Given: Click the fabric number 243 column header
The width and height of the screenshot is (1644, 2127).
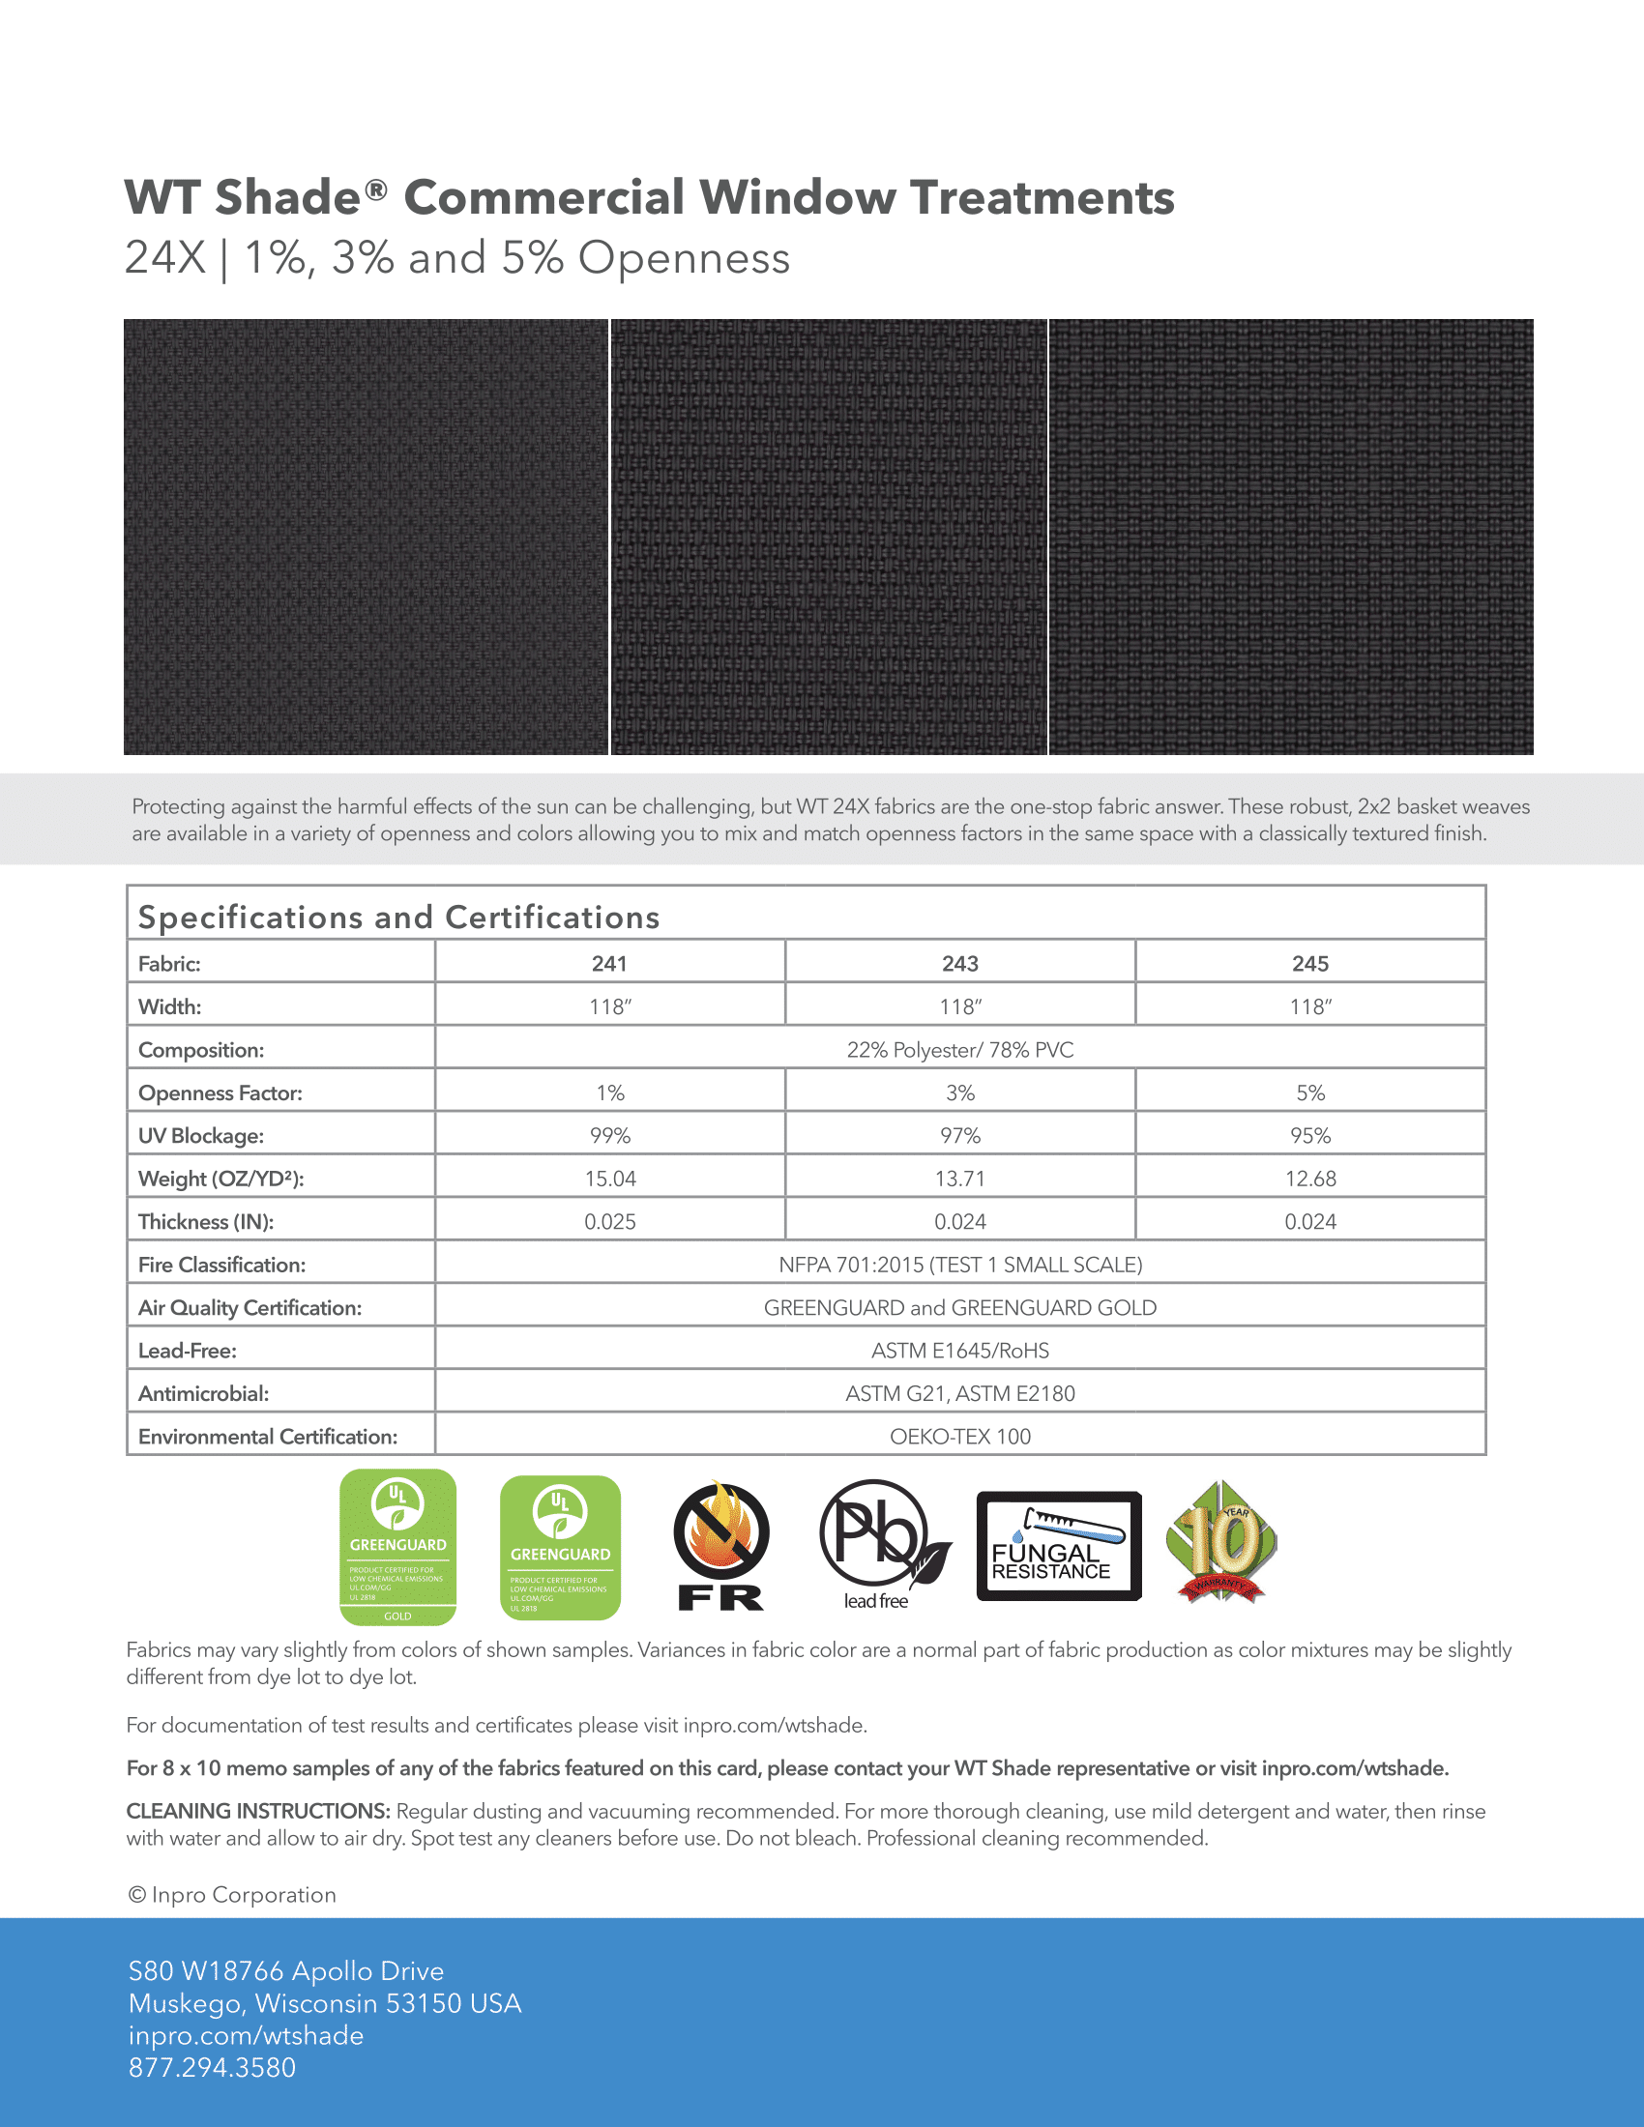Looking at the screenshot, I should pyautogui.click(x=959, y=963).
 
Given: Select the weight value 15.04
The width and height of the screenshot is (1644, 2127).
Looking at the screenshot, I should pyautogui.click(x=609, y=1179).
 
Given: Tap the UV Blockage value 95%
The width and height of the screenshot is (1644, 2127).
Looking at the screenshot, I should pyautogui.click(x=1310, y=1136).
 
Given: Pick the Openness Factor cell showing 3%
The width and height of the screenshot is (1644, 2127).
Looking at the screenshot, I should pyautogui.click(x=959, y=1093).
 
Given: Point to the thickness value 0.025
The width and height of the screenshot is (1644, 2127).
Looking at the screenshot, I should pyautogui.click(x=609, y=1221).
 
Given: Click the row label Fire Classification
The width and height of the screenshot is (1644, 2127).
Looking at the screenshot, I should pyautogui.click(x=222, y=1265).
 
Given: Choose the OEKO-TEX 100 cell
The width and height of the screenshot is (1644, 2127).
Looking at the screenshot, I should pyautogui.click(x=959, y=1437).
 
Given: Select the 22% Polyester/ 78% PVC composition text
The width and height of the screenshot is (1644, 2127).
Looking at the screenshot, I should pyautogui.click(x=959, y=1050).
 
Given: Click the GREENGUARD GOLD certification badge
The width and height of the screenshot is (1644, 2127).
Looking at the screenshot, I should pyautogui.click(x=397, y=1547).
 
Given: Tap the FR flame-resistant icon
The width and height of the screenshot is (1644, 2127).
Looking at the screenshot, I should pyautogui.click(x=720, y=1546).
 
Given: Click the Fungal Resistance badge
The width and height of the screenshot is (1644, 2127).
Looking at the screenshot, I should pyautogui.click(x=1059, y=1546).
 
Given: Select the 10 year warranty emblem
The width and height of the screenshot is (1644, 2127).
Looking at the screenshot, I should pyautogui.click(x=1221, y=1543).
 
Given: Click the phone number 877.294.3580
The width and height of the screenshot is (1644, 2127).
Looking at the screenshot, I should pyautogui.click(x=213, y=2068).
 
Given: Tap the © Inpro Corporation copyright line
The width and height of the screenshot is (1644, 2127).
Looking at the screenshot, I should pyautogui.click(x=232, y=1894).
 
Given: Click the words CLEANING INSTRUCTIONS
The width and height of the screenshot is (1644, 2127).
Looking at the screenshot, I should pyautogui.click(x=258, y=1811).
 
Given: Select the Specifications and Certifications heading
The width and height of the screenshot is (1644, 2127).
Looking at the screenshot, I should pyautogui.click(x=398, y=918).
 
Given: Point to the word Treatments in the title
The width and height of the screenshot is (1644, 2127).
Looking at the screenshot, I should pyautogui.click(x=1042, y=197).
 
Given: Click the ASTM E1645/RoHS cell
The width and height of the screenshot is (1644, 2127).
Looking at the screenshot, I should pyautogui.click(x=959, y=1351).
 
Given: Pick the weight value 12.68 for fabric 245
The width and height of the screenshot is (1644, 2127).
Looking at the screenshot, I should pyautogui.click(x=1310, y=1179).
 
